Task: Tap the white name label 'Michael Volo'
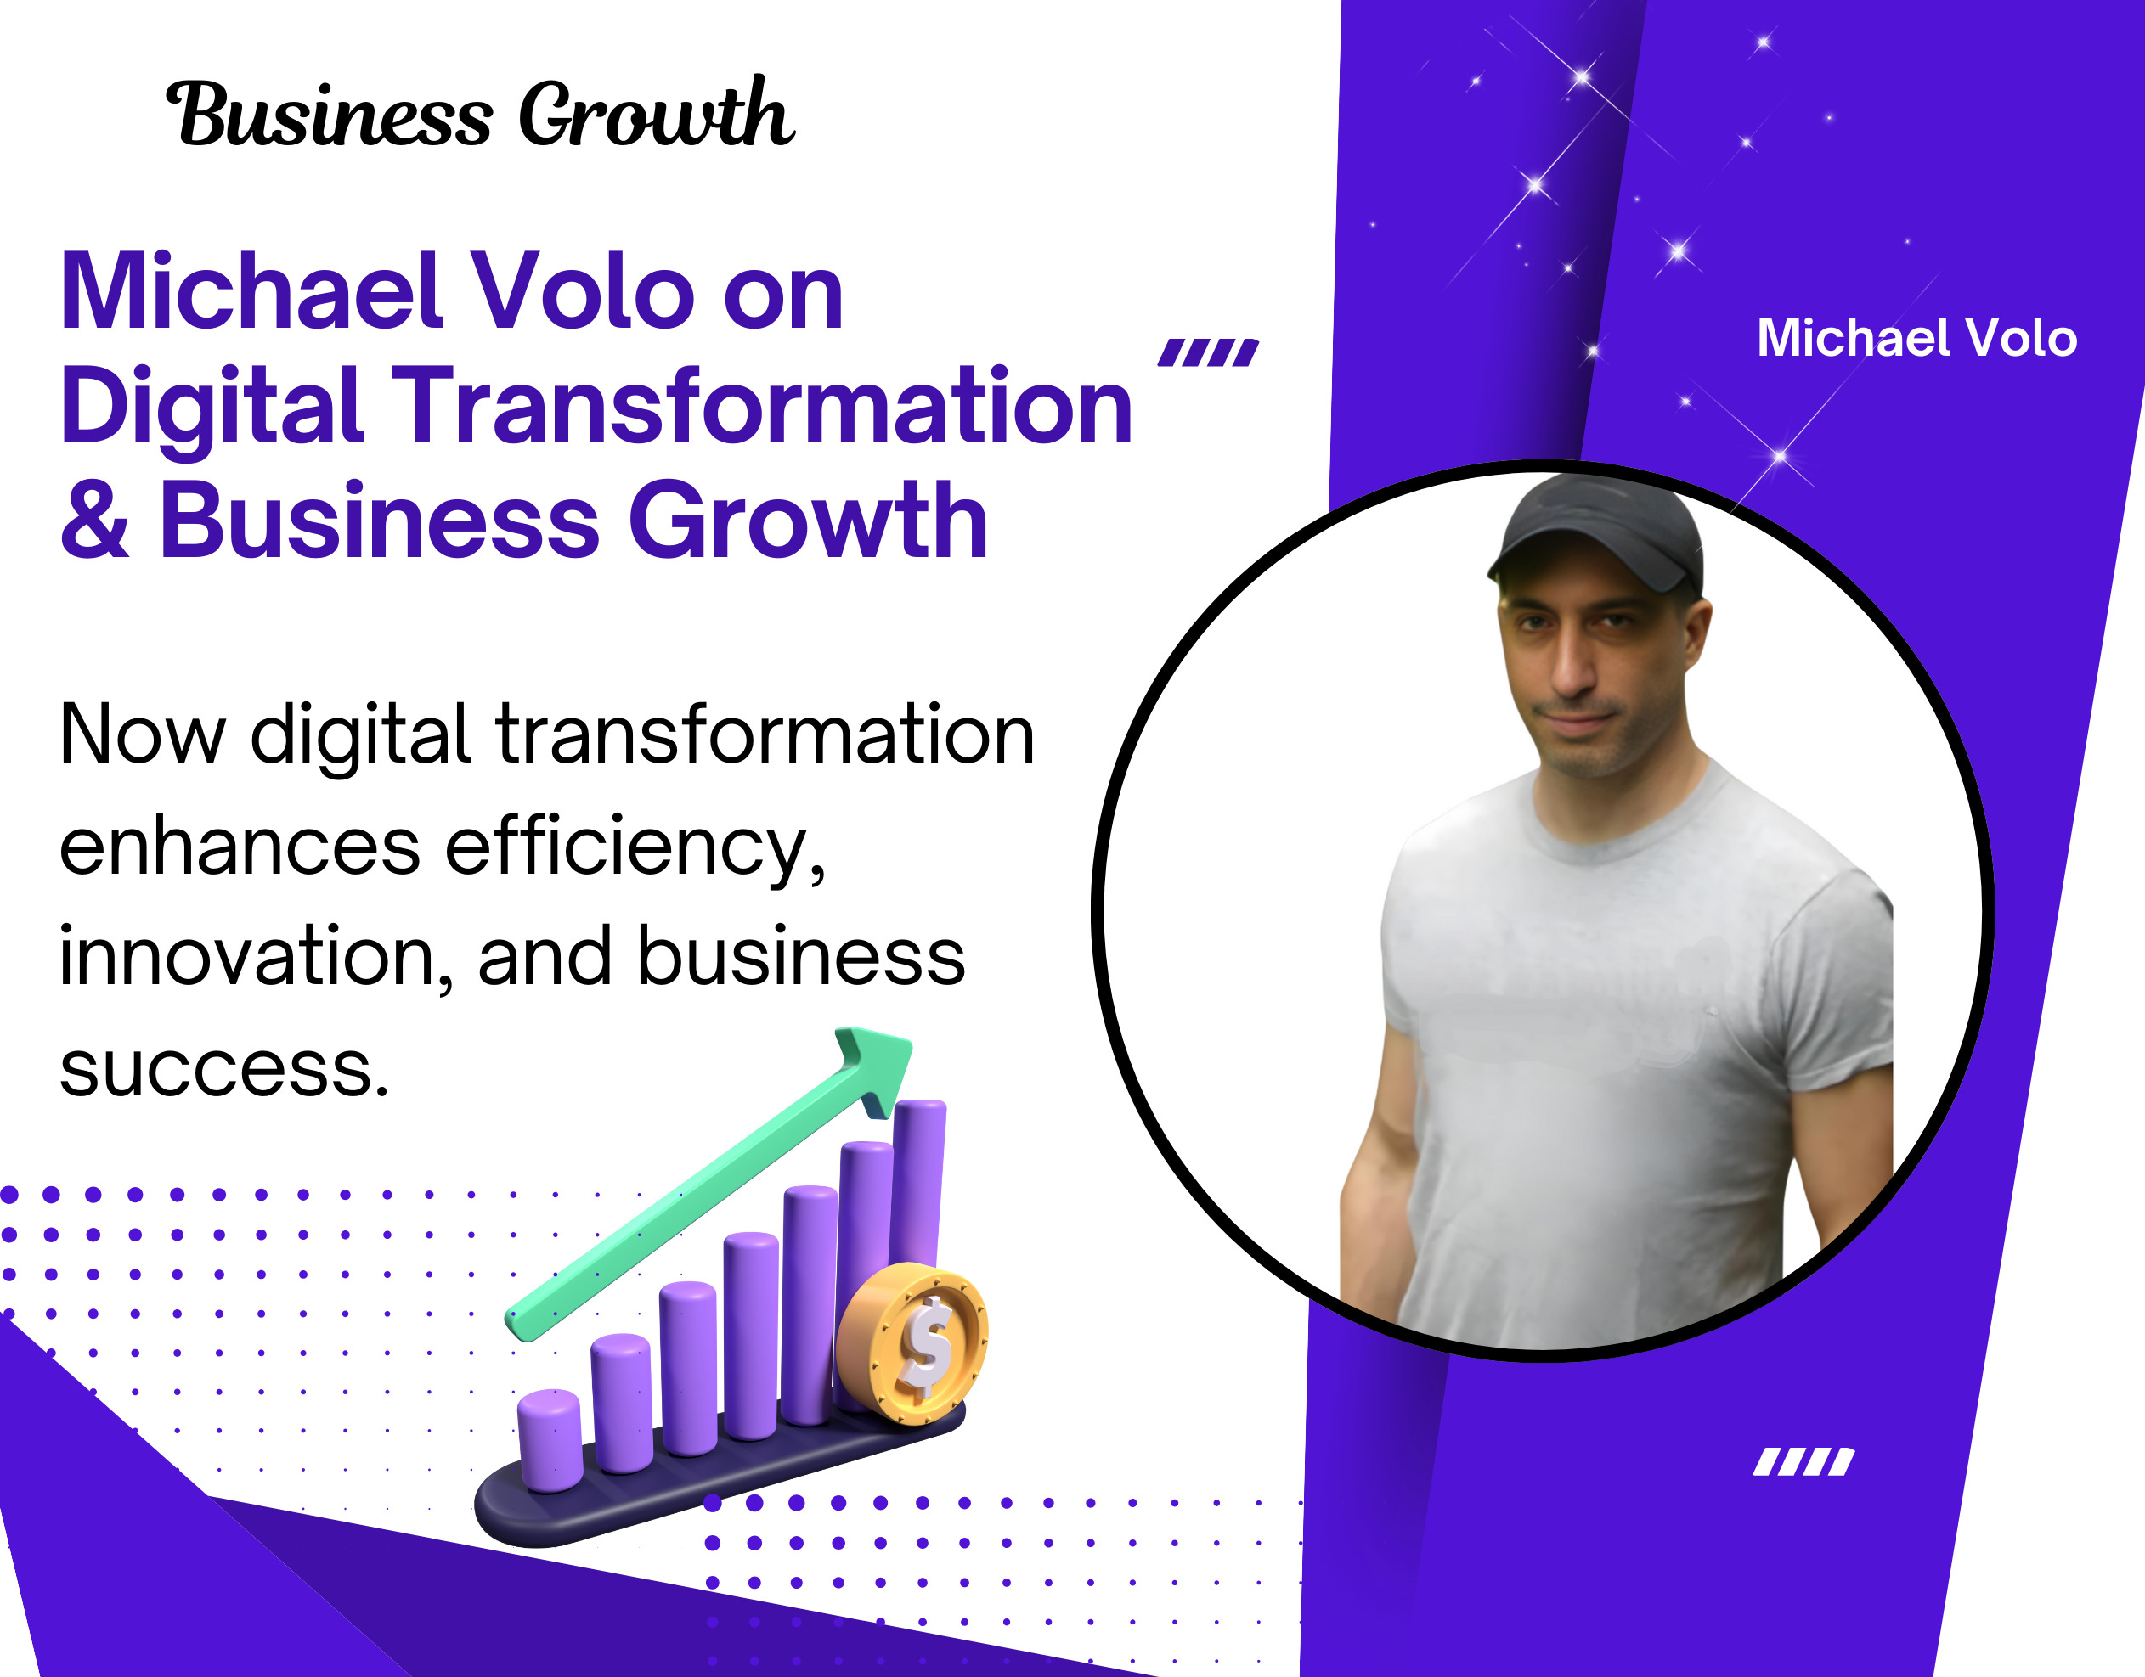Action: pyautogui.click(x=1916, y=338)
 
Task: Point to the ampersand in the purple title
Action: pyautogui.click(x=94, y=520)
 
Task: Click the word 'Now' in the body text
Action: pyautogui.click(x=143, y=734)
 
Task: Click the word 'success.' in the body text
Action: pyautogui.click(x=224, y=1068)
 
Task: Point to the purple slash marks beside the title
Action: pyautogui.click(x=1208, y=352)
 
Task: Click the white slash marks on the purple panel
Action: pyautogui.click(x=1804, y=1462)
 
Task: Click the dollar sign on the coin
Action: pyautogui.click(x=926, y=1346)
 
